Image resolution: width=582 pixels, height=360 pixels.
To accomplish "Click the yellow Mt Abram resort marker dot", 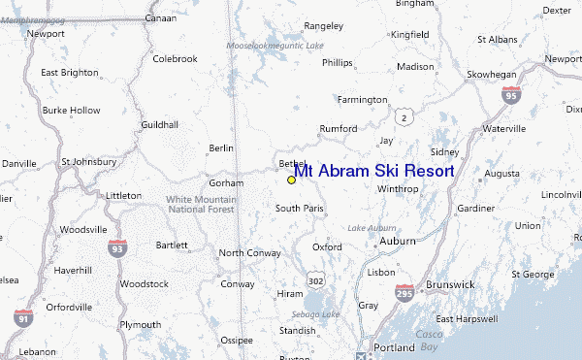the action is click(291, 180).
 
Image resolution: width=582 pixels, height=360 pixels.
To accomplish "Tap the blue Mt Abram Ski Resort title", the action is click(373, 171).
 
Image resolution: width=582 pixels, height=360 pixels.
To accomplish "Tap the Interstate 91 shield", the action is click(23, 316).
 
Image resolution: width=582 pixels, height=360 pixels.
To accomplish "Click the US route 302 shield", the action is click(315, 279).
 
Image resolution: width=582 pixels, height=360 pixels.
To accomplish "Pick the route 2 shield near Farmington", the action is click(409, 116).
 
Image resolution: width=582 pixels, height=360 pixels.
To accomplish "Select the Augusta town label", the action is click(501, 174).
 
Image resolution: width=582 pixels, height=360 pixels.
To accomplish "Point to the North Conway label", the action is click(249, 253).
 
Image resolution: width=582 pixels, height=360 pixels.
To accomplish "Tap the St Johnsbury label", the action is click(87, 161).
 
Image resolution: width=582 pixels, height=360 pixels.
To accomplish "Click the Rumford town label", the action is click(339, 128).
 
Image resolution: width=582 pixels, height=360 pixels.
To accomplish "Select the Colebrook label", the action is click(175, 59).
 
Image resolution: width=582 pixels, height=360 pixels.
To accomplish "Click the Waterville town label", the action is click(503, 128).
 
